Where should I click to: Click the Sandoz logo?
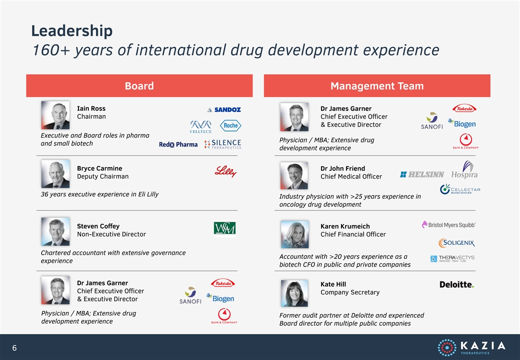coord(224,109)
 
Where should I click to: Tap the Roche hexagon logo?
coord(230,125)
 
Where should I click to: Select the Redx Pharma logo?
coord(178,144)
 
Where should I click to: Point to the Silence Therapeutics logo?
coord(223,144)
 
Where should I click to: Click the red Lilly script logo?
coord(225,171)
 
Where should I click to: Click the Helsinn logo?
coord(422,174)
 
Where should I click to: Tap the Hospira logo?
coord(464,169)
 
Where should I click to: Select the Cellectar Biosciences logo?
coord(460,189)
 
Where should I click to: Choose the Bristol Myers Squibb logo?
coord(448,225)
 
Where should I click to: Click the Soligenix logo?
coord(456,242)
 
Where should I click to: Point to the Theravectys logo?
coord(452,258)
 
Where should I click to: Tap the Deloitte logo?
coord(456,284)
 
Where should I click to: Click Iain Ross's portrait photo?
coord(55,115)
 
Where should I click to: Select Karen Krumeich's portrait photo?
coord(294,234)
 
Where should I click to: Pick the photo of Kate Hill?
coord(294,293)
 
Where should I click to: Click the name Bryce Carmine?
coord(99,168)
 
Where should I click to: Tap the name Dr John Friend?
coord(342,168)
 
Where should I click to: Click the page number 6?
coord(14,347)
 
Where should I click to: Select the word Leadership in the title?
coord(72,31)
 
